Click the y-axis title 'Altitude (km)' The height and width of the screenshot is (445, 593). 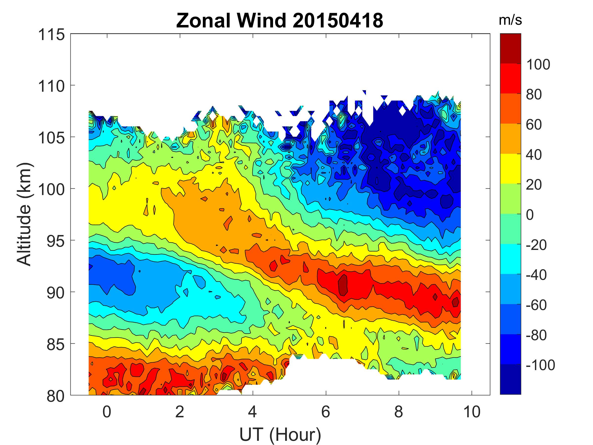click(x=25, y=214)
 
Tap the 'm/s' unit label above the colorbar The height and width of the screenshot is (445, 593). click(x=510, y=20)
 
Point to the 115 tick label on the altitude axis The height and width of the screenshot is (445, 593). click(x=51, y=35)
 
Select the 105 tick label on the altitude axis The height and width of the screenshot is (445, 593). click(x=51, y=138)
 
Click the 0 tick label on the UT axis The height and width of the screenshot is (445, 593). click(x=107, y=412)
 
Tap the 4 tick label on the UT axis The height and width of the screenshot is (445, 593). click(x=253, y=412)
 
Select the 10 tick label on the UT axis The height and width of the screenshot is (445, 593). click(x=472, y=412)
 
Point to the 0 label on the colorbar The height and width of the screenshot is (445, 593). click(x=530, y=215)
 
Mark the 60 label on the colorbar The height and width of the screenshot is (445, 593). click(x=534, y=125)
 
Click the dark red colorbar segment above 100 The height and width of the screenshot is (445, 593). click(x=510, y=48)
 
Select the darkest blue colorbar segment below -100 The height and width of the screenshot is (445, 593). click(x=510, y=379)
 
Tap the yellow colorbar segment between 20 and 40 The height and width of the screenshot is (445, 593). click(x=510, y=169)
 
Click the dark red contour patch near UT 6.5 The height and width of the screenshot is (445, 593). click(x=343, y=285)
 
